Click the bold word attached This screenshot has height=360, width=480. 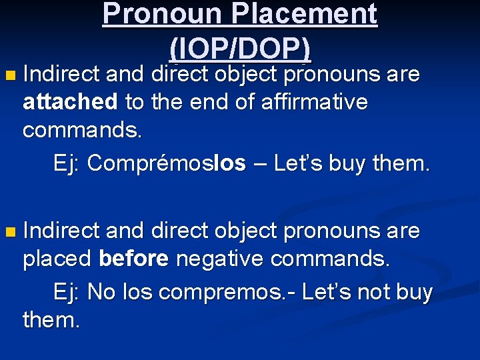(70, 103)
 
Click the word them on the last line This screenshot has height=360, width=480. (51, 320)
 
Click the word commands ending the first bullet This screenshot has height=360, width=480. (82, 130)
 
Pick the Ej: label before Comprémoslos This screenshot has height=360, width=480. (67, 163)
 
